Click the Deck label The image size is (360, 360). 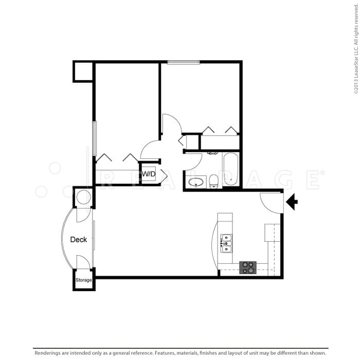(79, 239)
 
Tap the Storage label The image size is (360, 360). (83, 280)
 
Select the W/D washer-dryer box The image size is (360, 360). (148, 174)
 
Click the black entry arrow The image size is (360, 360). (292, 202)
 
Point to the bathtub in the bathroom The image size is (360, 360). (230, 169)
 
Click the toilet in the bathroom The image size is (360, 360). (213, 181)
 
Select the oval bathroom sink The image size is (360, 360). (196, 182)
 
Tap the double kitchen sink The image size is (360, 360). (226, 243)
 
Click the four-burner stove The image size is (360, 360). (248, 267)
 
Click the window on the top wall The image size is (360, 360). (183, 62)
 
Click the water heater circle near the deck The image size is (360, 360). (83, 197)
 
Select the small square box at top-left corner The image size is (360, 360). (83, 71)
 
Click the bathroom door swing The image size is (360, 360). (193, 161)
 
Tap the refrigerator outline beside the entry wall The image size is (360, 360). (272, 232)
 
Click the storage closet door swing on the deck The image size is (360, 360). (82, 262)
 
